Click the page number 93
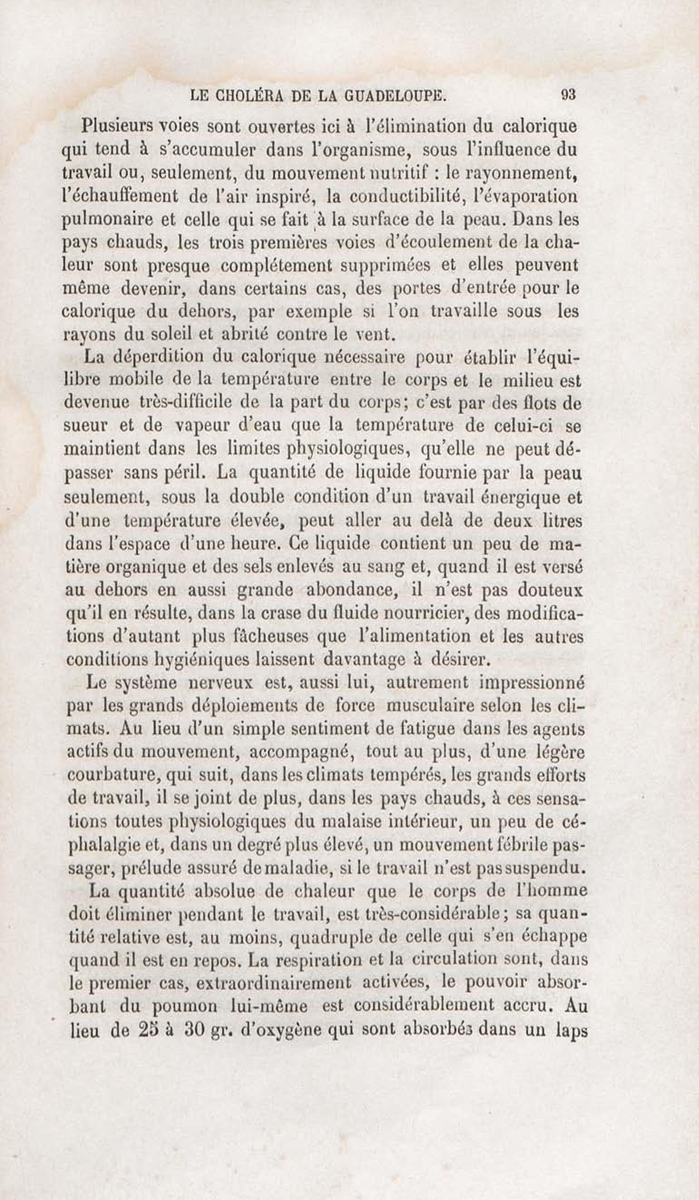(569, 95)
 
